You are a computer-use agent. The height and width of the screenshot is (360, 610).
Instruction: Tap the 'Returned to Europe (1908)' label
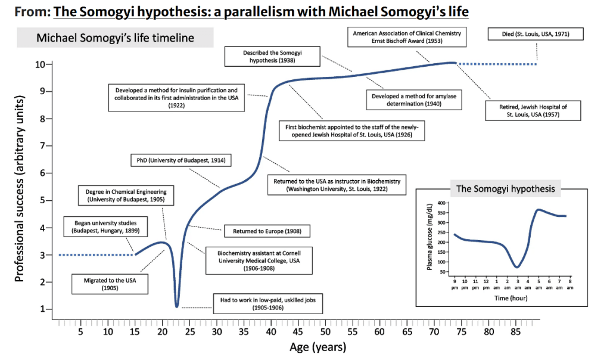tap(266, 230)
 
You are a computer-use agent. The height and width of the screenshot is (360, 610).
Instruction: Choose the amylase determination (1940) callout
tap(415, 100)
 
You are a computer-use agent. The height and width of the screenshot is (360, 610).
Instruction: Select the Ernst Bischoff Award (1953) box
tap(406, 37)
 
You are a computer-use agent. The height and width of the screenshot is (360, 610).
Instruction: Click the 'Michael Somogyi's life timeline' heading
tap(116, 38)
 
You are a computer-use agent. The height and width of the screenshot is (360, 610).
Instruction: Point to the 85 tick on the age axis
tap(515, 331)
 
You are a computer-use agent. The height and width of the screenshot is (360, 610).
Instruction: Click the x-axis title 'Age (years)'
tap(318, 347)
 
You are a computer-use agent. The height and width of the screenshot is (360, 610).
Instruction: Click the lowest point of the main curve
tap(177, 306)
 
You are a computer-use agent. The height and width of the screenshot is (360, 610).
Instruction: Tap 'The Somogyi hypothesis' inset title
tap(505, 189)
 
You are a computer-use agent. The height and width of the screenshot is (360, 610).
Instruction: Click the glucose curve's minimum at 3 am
tap(517, 266)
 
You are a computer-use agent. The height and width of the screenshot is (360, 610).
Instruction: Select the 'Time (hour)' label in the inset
tap(511, 298)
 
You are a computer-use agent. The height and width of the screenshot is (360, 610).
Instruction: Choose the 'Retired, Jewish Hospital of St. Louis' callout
tap(533, 110)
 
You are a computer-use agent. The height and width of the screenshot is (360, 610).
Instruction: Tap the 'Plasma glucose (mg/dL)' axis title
tap(429, 237)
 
